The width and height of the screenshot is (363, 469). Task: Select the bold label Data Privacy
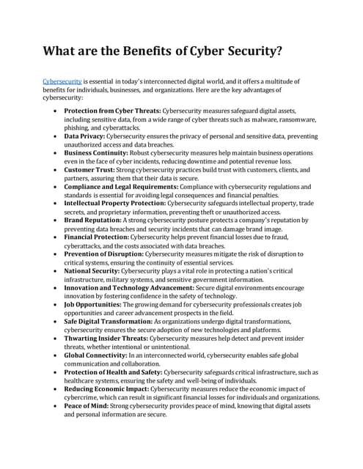84,136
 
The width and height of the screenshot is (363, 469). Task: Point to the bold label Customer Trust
90,170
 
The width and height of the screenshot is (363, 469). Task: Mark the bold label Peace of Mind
87,405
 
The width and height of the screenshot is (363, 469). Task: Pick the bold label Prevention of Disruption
104,254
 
